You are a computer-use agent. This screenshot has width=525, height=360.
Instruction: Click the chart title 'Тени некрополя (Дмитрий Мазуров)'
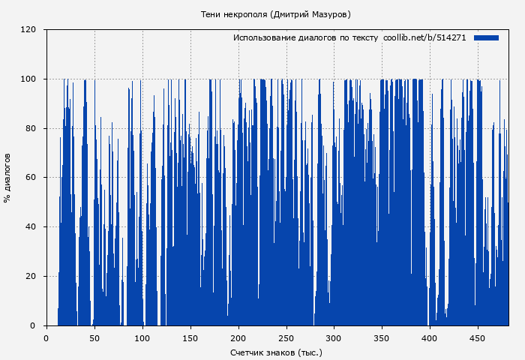(x=276, y=14)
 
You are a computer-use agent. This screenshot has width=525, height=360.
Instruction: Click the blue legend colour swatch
(x=486, y=37)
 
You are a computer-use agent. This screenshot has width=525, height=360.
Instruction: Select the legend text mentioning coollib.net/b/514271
(x=349, y=37)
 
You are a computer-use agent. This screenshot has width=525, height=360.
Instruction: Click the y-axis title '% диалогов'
(x=7, y=178)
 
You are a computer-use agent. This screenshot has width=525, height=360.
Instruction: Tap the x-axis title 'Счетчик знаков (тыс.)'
(x=276, y=352)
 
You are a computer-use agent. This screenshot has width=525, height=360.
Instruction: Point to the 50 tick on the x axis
(x=94, y=337)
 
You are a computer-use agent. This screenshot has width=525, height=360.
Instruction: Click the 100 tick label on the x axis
(x=142, y=337)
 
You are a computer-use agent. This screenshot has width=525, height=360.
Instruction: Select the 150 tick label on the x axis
(x=190, y=337)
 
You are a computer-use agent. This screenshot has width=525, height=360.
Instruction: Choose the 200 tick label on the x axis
(x=238, y=337)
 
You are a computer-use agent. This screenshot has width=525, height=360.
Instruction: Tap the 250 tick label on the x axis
(x=286, y=337)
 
